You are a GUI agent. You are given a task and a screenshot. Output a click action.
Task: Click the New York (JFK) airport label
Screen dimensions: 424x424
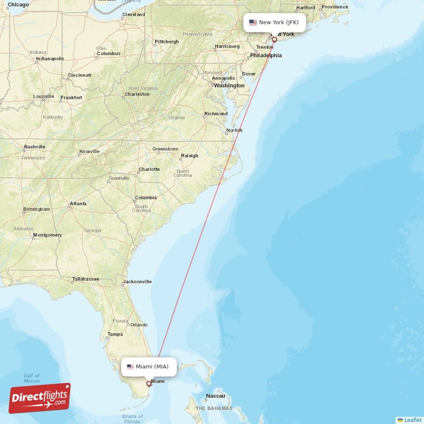coord(275,22)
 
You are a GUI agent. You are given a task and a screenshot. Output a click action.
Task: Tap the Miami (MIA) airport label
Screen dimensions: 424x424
coord(149,366)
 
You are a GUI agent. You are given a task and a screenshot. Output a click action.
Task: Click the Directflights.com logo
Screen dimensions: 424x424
coord(40,399)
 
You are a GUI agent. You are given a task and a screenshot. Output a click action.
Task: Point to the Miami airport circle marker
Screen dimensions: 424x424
coord(149,384)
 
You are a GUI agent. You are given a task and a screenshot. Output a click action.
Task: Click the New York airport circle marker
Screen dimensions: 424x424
coord(275,39)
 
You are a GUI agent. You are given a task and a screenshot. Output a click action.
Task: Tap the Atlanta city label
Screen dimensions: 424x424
coord(78,204)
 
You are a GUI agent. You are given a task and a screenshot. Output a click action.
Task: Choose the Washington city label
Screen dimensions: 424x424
coord(229,85)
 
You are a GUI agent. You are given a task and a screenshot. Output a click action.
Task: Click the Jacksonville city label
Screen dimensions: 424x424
coord(137,281)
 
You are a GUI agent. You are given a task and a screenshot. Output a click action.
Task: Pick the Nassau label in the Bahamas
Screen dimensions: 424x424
coord(216,396)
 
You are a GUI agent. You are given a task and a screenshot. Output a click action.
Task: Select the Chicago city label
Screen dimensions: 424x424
coord(19,4)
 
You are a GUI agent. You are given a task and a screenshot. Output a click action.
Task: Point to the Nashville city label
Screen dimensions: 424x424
coord(34,147)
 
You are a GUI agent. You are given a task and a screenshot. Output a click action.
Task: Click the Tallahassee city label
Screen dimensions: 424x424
coord(86,279)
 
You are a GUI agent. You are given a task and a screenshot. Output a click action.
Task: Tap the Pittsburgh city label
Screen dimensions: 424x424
coord(166,41)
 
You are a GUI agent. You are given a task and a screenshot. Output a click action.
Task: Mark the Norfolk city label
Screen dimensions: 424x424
coord(234,130)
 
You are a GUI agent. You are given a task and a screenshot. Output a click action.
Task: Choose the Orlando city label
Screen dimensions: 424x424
coord(139,325)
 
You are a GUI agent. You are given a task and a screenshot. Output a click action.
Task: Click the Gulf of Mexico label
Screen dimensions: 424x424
coord(32,378)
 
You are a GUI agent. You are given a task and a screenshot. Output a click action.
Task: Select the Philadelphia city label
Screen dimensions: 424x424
coord(266,55)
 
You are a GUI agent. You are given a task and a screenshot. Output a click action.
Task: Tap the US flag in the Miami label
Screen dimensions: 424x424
coord(130,366)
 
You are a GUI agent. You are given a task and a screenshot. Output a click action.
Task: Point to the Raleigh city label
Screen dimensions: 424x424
coord(189,156)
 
